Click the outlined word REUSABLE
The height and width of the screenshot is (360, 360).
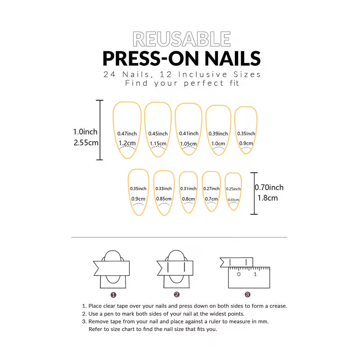click(x=182, y=39)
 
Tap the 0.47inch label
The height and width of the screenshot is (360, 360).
click(x=127, y=134)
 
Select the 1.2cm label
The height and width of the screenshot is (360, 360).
click(x=127, y=143)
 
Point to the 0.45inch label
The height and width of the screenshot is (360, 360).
click(x=158, y=134)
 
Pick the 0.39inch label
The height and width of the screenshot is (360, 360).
click(x=218, y=134)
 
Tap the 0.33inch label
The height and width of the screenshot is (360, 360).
click(x=163, y=189)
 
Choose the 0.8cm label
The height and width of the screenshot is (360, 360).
click(x=189, y=199)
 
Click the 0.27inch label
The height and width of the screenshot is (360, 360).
click(x=211, y=189)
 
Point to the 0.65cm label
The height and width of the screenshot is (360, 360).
click(x=233, y=200)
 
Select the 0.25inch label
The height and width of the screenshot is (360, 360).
click(x=233, y=189)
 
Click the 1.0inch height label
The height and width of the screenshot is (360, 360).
click(x=85, y=132)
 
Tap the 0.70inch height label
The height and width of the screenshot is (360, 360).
click(x=269, y=188)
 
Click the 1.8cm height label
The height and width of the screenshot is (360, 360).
click(x=268, y=198)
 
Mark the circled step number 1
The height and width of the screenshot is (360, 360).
click(x=113, y=295)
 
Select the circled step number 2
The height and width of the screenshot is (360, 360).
click(x=177, y=295)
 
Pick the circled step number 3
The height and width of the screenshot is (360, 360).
click(x=247, y=295)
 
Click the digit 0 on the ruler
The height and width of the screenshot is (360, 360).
click(x=239, y=274)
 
